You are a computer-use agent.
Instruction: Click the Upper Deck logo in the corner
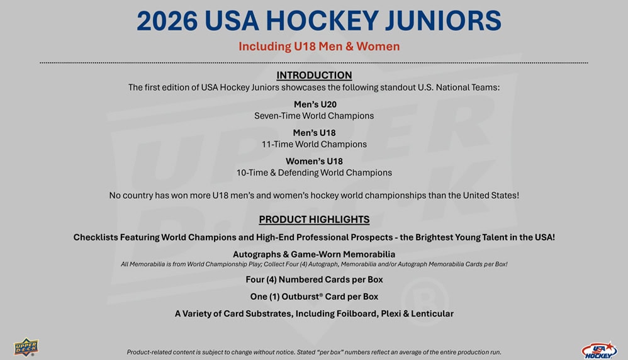pyautogui.click(x=26, y=347)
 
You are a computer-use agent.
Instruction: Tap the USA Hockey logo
pyautogui.click(x=600, y=351)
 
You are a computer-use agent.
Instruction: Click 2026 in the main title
pyautogui.click(x=167, y=21)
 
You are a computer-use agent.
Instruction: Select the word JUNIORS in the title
pyautogui.click(x=443, y=21)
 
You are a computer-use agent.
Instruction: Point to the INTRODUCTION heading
pyautogui.click(x=314, y=76)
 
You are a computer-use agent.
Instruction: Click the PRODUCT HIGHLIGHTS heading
pyautogui.click(x=314, y=220)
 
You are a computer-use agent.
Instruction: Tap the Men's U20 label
pyautogui.click(x=315, y=104)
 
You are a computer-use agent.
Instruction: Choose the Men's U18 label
pyautogui.click(x=314, y=133)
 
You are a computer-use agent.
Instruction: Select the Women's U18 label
pyautogui.click(x=314, y=161)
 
